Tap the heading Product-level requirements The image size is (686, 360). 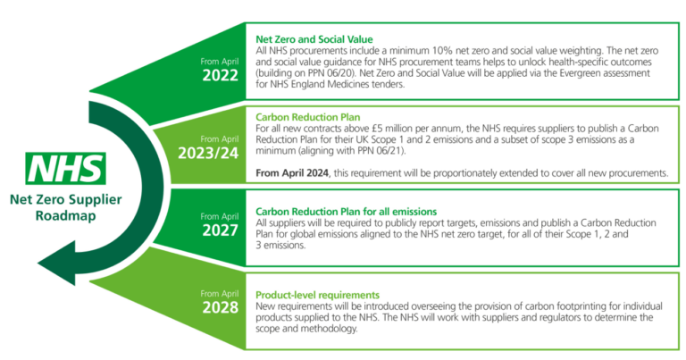click(318, 295)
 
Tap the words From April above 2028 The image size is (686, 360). click(221, 291)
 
